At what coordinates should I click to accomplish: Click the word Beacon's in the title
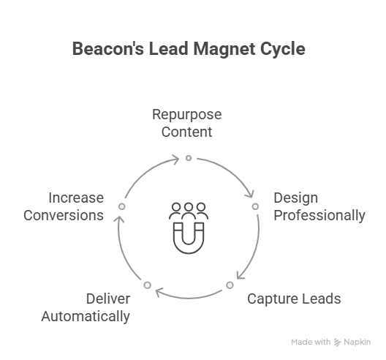(108, 48)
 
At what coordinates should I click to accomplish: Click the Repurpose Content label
(187, 123)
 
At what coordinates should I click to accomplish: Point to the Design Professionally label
(319, 207)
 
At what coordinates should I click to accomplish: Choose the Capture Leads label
(294, 299)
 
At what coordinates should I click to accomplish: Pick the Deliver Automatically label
(86, 307)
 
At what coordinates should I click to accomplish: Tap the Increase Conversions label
(64, 206)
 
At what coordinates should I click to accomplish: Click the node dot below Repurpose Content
(189, 158)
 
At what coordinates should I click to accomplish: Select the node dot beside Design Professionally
(255, 206)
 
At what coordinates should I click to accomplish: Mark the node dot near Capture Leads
(230, 285)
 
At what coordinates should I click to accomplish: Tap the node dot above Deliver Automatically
(147, 285)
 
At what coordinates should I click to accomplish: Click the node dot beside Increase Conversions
(122, 206)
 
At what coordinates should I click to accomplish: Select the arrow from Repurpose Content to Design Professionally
(231, 171)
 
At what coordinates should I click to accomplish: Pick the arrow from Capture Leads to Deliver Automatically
(189, 298)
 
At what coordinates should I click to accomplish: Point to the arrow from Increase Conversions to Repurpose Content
(147, 171)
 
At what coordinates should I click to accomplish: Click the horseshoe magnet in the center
(189, 238)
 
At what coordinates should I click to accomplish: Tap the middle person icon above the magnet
(189, 211)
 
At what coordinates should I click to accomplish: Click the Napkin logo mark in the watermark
(337, 342)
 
